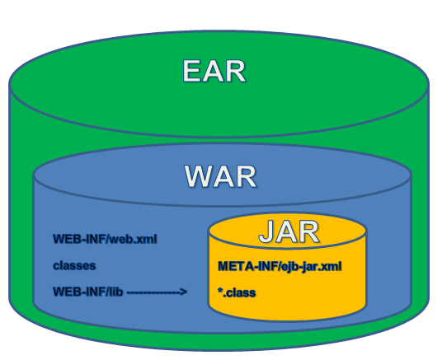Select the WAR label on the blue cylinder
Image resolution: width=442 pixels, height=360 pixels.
[x=220, y=177]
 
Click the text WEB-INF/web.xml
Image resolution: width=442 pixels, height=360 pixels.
[x=105, y=241]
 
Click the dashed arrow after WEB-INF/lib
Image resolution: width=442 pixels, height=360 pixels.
[x=157, y=292]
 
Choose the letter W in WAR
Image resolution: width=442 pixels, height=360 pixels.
[x=197, y=177]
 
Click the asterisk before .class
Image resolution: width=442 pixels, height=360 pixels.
[x=220, y=290]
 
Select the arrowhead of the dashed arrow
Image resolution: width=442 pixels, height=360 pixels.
[x=185, y=292]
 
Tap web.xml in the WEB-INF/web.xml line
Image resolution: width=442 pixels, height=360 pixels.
[x=134, y=241]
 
